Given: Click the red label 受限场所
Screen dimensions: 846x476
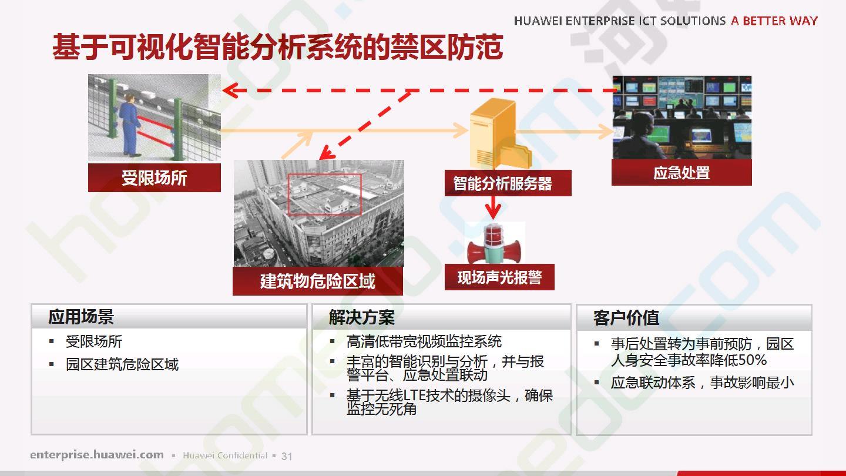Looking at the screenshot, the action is tap(154, 177).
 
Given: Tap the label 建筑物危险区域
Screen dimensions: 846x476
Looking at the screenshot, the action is tap(318, 281).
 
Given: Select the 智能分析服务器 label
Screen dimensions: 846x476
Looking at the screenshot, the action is tap(508, 183).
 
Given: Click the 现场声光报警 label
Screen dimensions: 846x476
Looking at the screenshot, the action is tap(499, 277).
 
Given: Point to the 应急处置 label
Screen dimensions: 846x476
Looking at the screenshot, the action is tap(681, 172).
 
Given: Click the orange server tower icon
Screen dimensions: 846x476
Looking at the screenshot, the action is tap(499, 133).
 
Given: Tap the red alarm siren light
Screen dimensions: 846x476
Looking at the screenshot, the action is tap(495, 243).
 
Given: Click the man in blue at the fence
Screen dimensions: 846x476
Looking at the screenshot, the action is tap(130, 125).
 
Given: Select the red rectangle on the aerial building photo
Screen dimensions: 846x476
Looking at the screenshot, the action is tap(325, 195).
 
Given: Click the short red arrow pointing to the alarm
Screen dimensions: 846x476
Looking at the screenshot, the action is tap(493, 207).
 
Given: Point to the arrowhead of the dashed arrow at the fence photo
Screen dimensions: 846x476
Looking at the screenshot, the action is tap(230, 90).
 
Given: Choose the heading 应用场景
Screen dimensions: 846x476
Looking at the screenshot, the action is tap(81, 317).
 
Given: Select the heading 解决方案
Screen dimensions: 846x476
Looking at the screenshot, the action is tap(361, 317).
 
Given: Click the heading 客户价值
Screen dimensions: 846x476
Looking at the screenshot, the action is tap(626, 318).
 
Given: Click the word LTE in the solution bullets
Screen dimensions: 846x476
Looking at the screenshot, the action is tap(415, 395).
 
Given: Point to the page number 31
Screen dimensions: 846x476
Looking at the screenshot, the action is tap(287, 457).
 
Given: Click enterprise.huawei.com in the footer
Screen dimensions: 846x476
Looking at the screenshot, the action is tap(97, 454).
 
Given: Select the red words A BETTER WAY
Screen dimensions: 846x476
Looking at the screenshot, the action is tap(774, 21).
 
